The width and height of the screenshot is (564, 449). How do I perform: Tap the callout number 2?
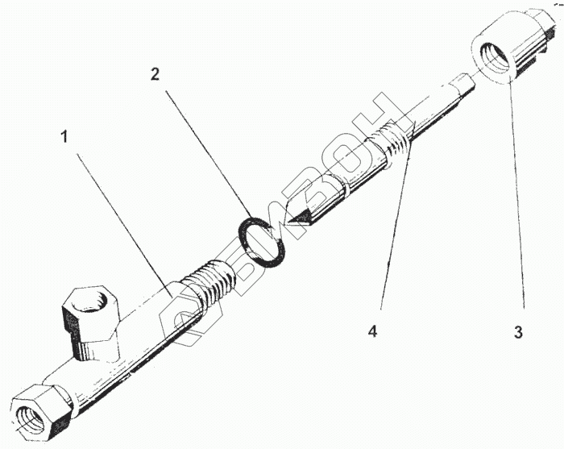point(156,75)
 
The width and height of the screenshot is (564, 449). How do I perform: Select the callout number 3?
point(518,331)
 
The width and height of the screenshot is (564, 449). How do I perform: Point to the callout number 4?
point(372,331)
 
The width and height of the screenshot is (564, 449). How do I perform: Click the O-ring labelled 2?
point(262,243)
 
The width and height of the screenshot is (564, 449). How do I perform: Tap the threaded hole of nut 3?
point(492,60)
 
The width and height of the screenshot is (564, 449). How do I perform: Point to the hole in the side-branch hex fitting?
point(86,303)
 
